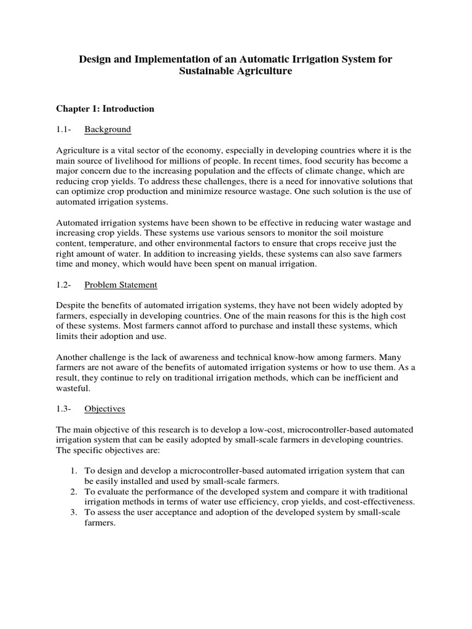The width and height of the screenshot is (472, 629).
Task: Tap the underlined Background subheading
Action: tap(108, 130)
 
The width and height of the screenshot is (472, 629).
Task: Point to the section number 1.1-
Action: tap(64, 130)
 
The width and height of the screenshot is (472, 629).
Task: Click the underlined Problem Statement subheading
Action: tap(120, 285)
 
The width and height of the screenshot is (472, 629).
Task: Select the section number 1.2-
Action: tap(64, 285)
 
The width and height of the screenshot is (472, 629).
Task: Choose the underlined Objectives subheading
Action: tap(105, 408)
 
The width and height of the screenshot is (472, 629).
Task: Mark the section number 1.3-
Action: tap(64, 408)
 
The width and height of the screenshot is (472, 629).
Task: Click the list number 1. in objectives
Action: tap(73, 471)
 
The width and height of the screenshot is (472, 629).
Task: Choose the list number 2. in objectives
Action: tap(73, 491)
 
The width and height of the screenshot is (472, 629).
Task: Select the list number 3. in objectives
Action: tap(73, 512)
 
